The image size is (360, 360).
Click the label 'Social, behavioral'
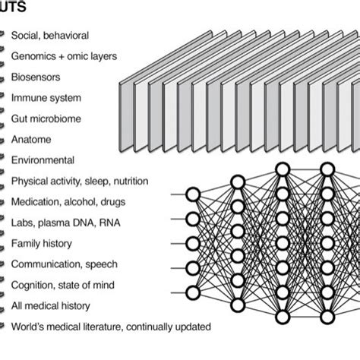coord(49,35)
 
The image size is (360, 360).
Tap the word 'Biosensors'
coord(35,77)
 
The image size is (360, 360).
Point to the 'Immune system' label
coord(43,98)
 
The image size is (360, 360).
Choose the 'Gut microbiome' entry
coord(46,118)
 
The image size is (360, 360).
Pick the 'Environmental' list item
coord(43,160)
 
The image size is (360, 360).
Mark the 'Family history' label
coord(42,244)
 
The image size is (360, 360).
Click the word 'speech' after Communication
coord(100,264)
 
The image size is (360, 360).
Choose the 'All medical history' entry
coord(50,306)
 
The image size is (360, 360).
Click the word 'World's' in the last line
coord(28,327)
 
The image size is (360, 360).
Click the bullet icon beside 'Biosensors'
coord(3,77)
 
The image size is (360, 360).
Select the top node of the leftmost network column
coord(193,195)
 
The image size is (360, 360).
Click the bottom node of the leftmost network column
coord(193,292)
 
